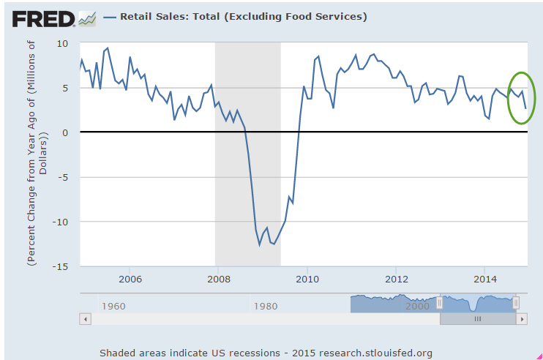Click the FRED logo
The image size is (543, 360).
click(x=42, y=17)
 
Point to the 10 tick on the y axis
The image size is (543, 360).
click(x=63, y=43)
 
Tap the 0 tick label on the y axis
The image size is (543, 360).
click(x=65, y=132)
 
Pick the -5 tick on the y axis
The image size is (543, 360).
click(x=62, y=177)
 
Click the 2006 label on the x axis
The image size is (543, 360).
click(x=130, y=279)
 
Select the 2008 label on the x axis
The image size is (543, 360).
click(x=218, y=279)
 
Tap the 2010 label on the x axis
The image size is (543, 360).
click(x=307, y=279)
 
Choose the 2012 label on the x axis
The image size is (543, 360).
click(x=397, y=279)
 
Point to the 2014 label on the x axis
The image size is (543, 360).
click(x=485, y=279)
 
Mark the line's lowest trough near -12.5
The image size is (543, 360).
click(x=259, y=245)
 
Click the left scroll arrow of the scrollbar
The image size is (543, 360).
click(x=85, y=319)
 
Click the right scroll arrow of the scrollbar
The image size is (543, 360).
click(x=522, y=319)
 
